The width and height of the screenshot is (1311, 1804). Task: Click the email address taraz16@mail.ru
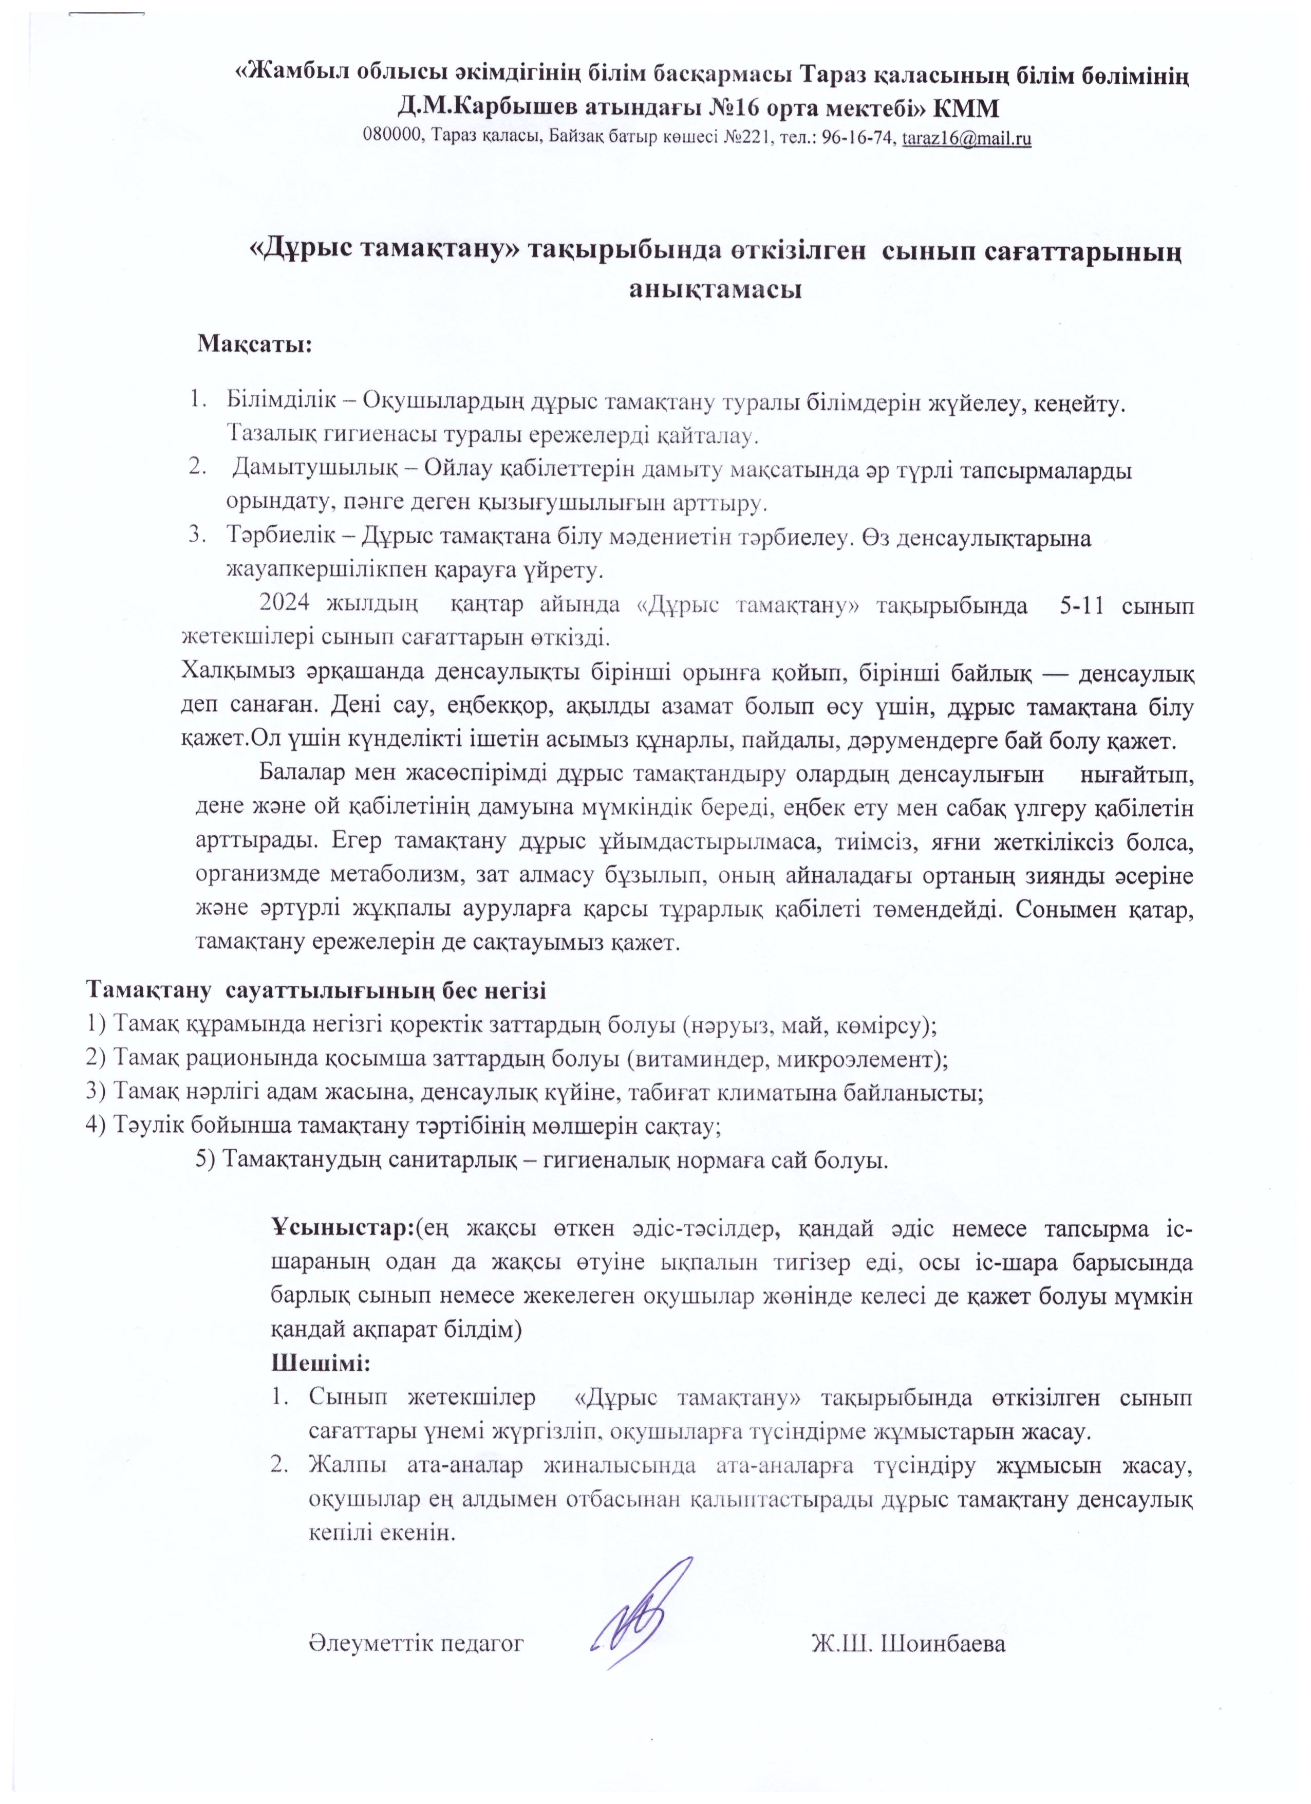pos(967,138)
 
